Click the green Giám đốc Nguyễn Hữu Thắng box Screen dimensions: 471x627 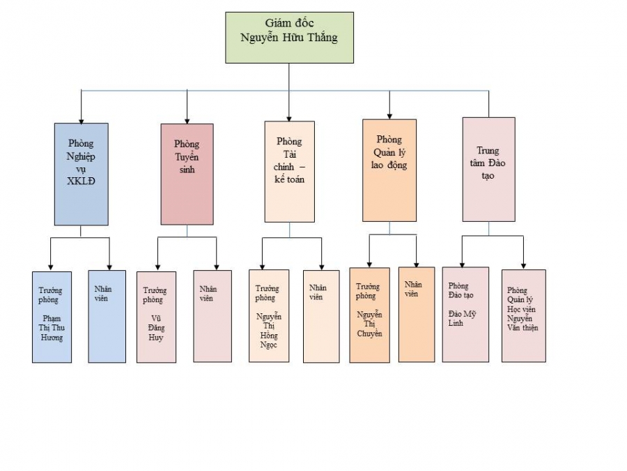tap(289, 38)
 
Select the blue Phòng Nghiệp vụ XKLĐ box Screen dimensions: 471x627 tap(81, 174)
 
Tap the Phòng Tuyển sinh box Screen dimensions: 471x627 tap(187, 174)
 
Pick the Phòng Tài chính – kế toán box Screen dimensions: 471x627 tap(289, 171)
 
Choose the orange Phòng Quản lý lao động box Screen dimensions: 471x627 tap(389, 170)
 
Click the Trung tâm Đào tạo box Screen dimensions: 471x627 tap(488, 169)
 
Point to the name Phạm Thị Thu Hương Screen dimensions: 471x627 tap(52, 328)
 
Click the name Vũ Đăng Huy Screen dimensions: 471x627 tap(156, 327)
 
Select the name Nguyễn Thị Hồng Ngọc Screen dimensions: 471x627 tap(268, 331)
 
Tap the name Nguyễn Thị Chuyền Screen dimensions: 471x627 tap(369, 324)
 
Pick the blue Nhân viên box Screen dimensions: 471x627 tap(107, 316)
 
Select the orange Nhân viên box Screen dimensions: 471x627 tap(416, 314)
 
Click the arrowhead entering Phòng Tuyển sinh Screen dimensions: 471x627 tap(187, 119)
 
